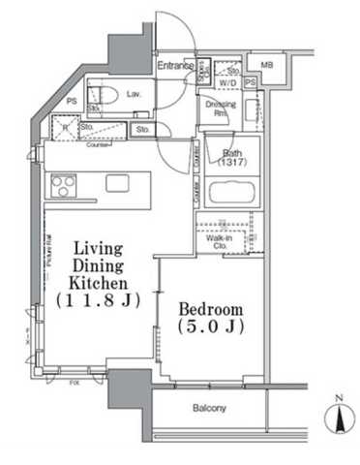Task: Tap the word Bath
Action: coord(232,153)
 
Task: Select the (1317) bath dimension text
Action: coord(232,164)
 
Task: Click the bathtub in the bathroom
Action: coord(232,190)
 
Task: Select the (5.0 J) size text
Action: coord(211,329)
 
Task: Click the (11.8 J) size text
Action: coord(96,301)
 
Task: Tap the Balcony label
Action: coord(207,408)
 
